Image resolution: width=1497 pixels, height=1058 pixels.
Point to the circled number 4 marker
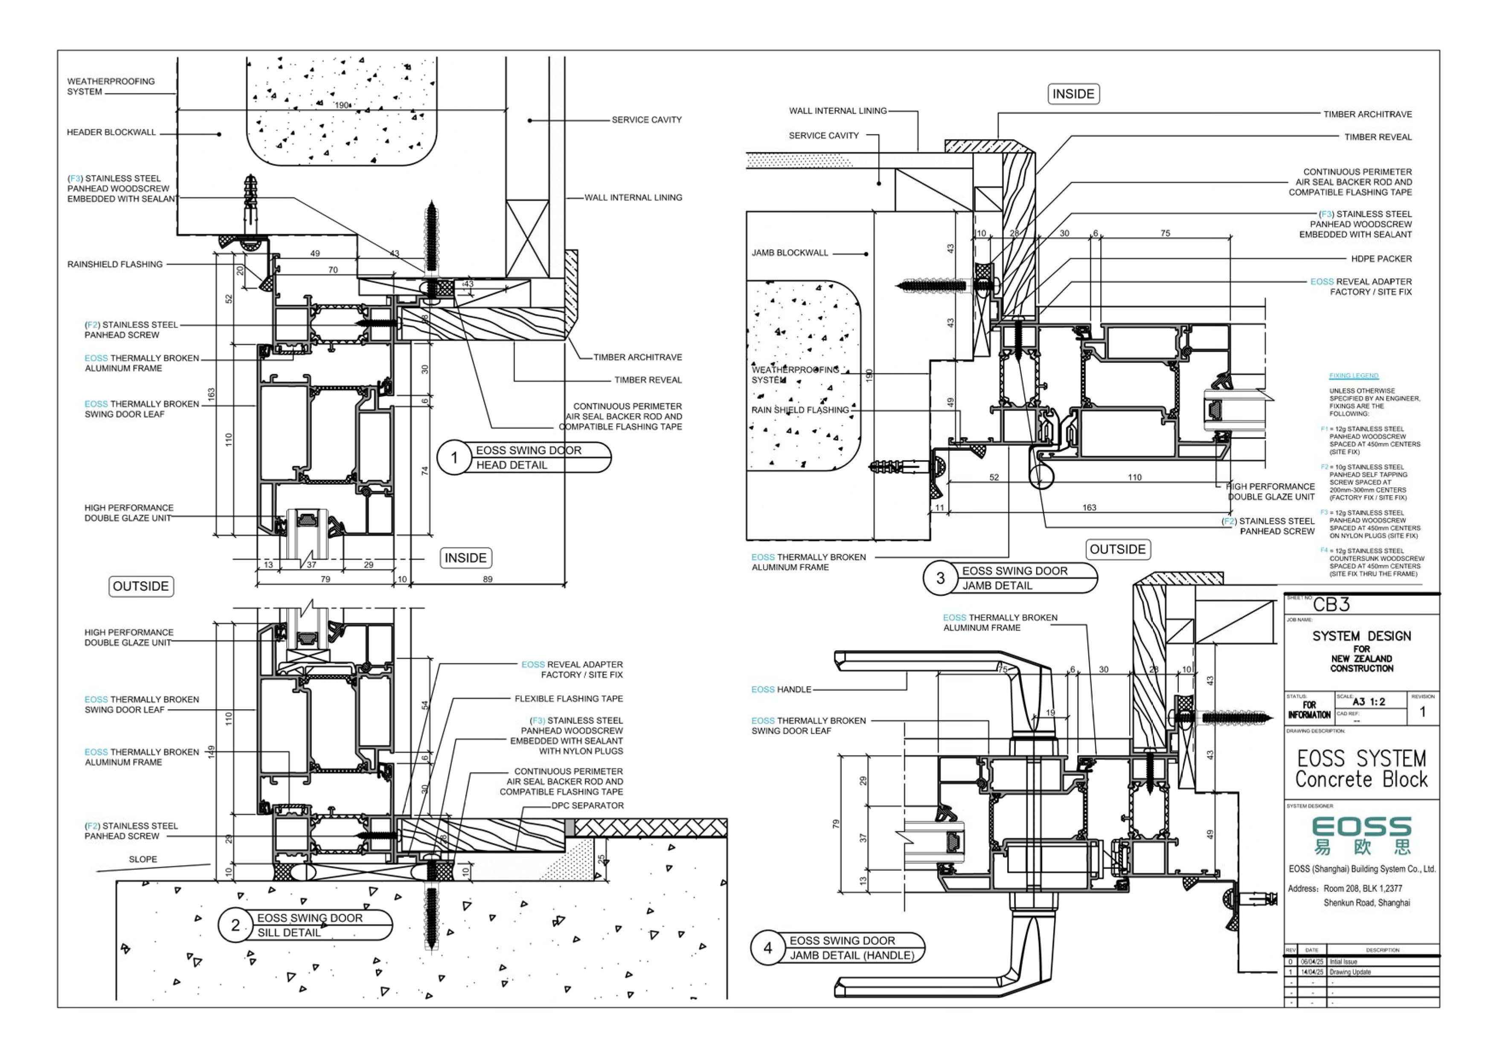tap(767, 948)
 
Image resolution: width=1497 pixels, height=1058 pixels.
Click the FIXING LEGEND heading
tap(1354, 376)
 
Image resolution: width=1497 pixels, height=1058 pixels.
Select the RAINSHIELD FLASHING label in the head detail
tap(115, 265)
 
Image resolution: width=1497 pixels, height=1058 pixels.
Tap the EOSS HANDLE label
tap(781, 690)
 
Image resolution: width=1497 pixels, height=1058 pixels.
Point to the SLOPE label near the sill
tap(143, 859)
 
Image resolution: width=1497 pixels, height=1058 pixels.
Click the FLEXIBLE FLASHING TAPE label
tap(569, 699)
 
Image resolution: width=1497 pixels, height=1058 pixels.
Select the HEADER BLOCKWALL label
tap(111, 132)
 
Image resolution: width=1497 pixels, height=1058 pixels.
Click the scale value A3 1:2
tap(1369, 702)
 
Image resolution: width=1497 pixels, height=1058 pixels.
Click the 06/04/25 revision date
tap(1312, 962)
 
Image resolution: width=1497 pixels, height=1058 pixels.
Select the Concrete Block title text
tap(1361, 780)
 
